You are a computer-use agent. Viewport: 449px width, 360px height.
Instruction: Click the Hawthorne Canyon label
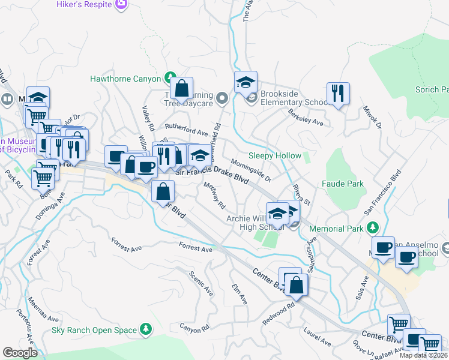pos(125,79)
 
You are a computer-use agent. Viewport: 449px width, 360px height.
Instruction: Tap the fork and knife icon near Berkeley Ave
pos(338,94)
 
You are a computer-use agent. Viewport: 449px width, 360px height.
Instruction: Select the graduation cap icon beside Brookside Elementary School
pos(246,82)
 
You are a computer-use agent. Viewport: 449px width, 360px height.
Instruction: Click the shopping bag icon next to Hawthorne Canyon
pos(181,88)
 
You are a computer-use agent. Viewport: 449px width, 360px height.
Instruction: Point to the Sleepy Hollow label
pos(275,155)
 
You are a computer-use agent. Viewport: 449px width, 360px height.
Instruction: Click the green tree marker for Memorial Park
pos(372,229)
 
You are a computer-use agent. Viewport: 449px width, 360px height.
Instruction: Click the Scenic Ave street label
pos(201,281)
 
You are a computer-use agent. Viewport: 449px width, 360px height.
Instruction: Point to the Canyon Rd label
pos(194,328)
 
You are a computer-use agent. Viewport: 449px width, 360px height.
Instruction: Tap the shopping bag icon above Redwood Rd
pos(295,285)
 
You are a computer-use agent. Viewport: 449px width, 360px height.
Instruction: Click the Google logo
pos(20,353)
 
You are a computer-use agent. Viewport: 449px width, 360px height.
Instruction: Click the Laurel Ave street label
pos(316,336)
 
